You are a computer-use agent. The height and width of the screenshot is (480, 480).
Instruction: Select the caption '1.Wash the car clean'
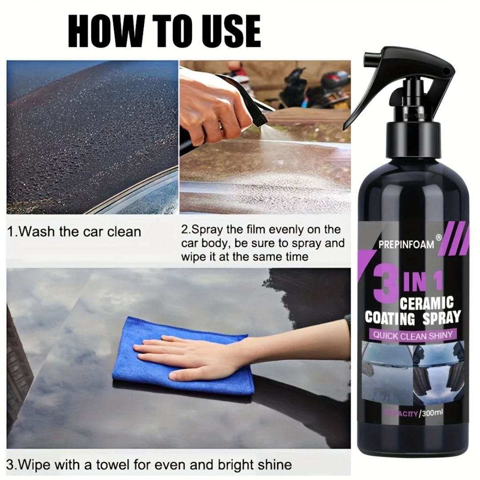[x=74, y=232]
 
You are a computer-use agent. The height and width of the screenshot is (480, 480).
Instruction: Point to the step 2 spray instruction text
[x=263, y=243]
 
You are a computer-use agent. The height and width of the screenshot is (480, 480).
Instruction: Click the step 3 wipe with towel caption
[x=149, y=465]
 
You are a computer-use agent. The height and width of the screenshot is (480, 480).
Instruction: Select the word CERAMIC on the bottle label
[x=426, y=304]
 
